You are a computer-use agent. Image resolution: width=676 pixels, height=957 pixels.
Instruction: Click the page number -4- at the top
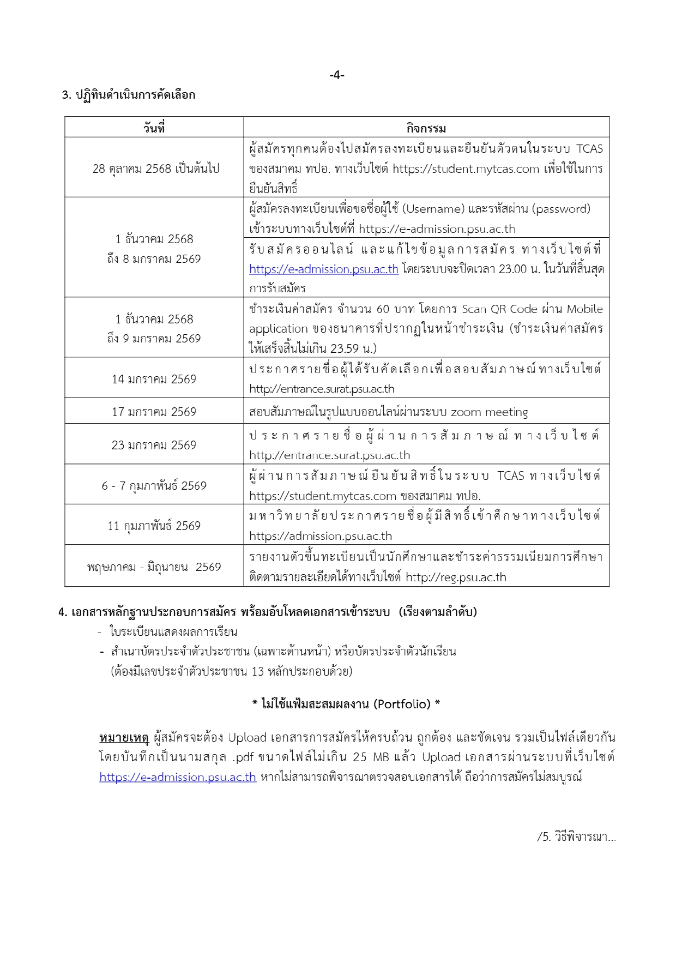click(337, 75)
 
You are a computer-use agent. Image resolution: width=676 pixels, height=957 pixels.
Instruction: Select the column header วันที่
click(154, 128)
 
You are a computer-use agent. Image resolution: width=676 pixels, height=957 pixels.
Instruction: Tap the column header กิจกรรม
click(426, 128)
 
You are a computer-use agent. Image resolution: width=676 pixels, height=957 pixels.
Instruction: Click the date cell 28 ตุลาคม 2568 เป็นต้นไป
click(155, 168)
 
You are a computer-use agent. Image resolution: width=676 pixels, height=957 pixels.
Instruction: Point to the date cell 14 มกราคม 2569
click(154, 379)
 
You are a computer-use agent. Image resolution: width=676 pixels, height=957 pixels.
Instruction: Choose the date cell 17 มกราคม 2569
click(154, 412)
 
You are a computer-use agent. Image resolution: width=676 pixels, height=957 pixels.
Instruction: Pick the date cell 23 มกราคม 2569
click(154, 445)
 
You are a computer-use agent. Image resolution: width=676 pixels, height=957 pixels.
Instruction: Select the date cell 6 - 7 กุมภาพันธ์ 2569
click(154, 485)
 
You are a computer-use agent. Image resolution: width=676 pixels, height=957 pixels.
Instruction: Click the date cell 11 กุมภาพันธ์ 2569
click(154, 526)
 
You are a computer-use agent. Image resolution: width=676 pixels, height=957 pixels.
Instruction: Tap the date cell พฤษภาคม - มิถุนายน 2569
click(154, 567)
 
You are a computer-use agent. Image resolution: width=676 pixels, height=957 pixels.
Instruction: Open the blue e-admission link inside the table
click(324, 269)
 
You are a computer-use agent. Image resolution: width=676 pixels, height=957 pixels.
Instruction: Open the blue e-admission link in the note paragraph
click(178, 777)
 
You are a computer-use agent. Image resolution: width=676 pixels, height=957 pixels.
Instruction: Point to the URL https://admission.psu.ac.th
click(321, 536)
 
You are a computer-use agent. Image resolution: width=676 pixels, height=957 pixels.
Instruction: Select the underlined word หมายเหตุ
click(124, 738)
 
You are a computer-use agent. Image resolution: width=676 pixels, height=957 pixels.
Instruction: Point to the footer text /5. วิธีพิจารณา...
click(576, 836)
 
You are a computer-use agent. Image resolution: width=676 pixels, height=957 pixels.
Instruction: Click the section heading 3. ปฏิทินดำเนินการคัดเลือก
click(128, 95)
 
